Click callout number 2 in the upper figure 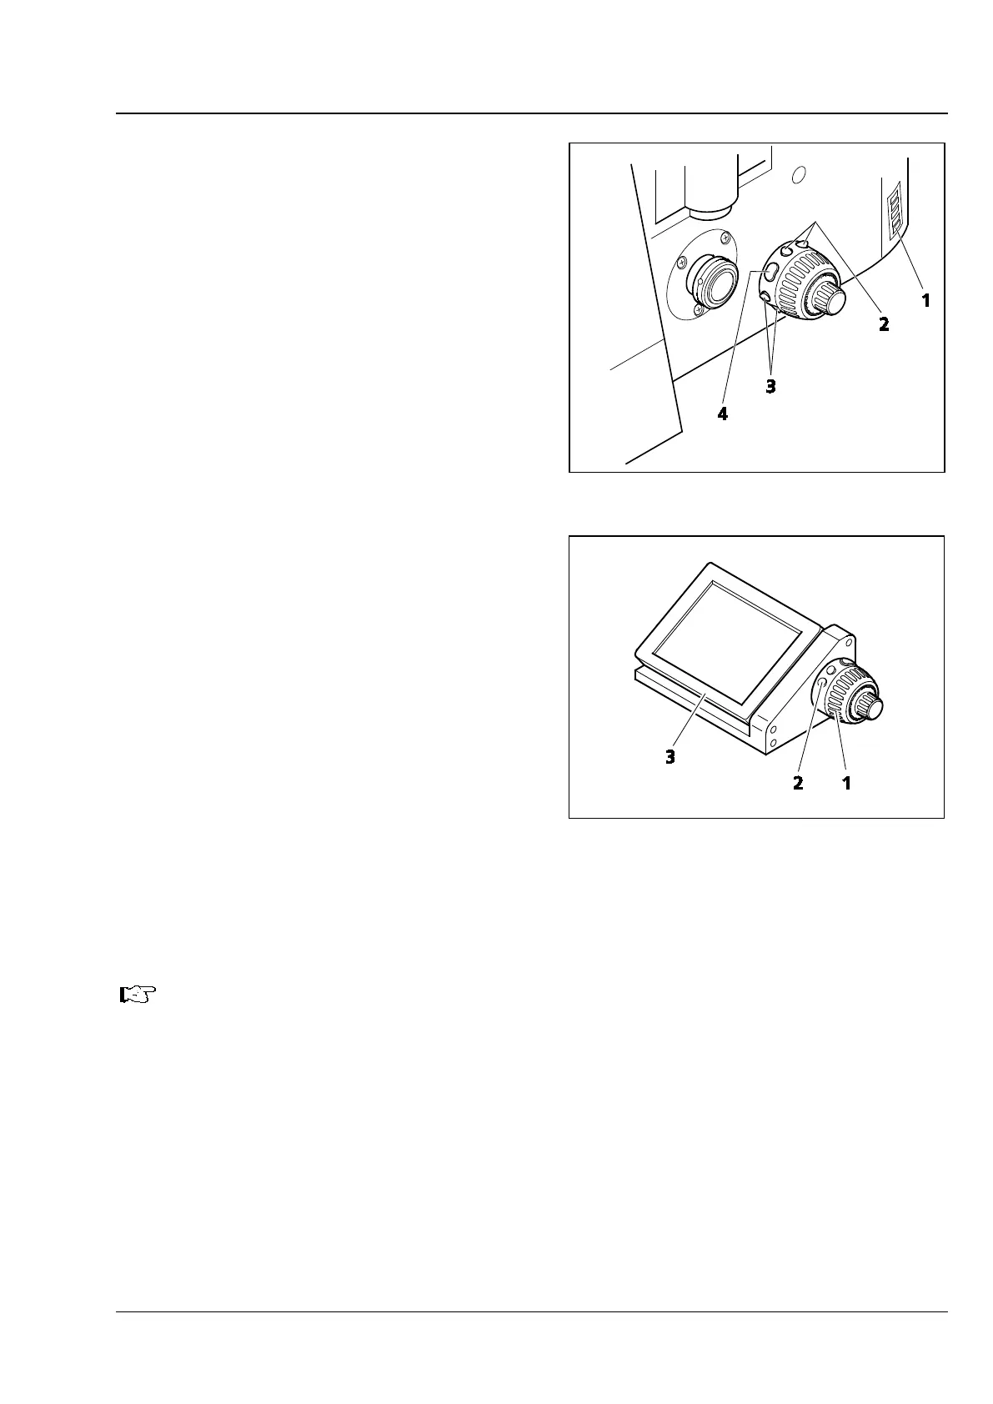884,324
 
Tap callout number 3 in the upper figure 771,387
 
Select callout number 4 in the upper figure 723,414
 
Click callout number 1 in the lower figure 847,783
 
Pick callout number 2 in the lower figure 799,783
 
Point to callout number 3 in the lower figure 670,757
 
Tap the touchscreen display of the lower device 725,638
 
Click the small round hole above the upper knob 798,174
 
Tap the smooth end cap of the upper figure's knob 831,298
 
